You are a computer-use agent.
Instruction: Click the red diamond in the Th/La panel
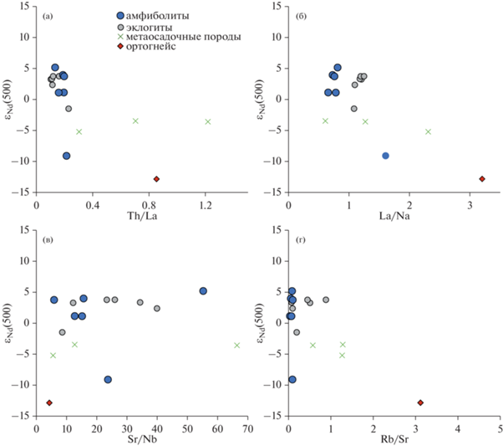(x=156, y=179)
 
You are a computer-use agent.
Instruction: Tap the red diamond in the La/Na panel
(x=482, y=179)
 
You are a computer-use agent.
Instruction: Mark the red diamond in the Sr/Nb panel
(x=49, y=402)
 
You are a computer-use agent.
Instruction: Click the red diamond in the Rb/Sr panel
(x=420, y=402)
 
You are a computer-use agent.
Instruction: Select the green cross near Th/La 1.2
(x=207, y=122)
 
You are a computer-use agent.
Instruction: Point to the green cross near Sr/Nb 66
(x=237, y=345)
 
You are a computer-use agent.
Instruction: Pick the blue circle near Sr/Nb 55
(x=203, y=291)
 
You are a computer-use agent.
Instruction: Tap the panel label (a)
(x=50, y=13)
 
